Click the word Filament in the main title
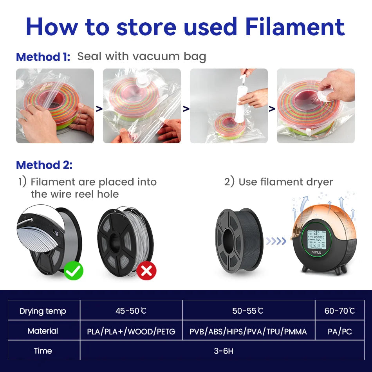click(x=295, y=27)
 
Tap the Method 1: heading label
click(x=43, y=57)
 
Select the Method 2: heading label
click(x=44, y=165)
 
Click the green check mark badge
click(x=74, y=270)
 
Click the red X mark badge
click(x=146, y=270)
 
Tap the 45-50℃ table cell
click(x=131, y=311)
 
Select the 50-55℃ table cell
click(x=248, y=311)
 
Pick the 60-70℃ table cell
click(x=339, y=311)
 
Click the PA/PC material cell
click(x=339, y=331)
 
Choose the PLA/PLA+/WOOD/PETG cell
click(x=131, y=332)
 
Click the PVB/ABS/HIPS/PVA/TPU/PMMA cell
click(x=248, y=332)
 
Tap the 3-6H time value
click(x=223, y=351)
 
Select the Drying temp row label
click(x=43, y=311)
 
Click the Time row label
click(x=43, y=351)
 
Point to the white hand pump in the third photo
click(x=240, y=102)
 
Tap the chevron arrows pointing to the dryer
click(x=276, y=241)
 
